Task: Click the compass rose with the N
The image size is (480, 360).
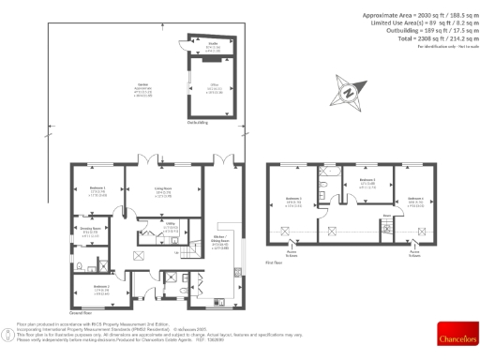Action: (x=348, y=92)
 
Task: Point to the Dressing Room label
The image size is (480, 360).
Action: (x=91, y=230)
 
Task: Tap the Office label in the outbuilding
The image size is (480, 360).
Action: (x=213, y=86)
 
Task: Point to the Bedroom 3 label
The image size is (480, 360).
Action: (x=292, y=200)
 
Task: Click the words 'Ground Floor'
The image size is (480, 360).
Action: (x=80, y=311)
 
